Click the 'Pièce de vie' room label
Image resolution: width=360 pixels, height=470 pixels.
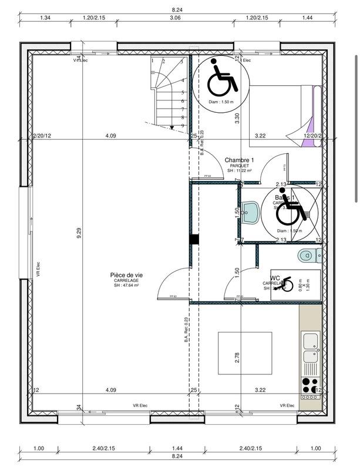[x=126, y=275]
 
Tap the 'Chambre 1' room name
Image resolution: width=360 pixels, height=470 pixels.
[x=239, y=160]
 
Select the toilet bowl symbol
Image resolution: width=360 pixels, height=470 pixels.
[x=309, y=254]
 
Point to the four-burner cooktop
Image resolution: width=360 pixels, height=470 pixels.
[x=308, y=385]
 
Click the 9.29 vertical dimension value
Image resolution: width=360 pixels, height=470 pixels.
[x=79, y=233]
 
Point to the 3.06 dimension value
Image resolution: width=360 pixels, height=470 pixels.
[x=174, y=18]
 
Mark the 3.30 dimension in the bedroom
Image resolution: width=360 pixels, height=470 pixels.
[x=237, y=117]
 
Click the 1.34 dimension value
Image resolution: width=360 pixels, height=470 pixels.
[x=45, y=18]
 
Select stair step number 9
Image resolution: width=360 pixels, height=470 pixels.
[x=183, y=125]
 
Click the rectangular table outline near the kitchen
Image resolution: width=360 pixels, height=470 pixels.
[x=245, y=352]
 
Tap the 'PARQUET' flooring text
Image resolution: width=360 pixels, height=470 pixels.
[x=239, y=166]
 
